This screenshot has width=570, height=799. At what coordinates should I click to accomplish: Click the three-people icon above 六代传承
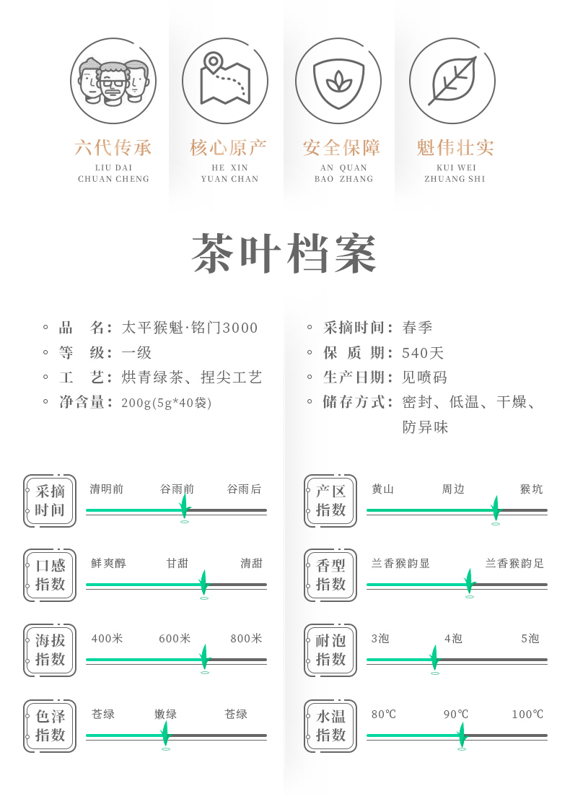(113, 82)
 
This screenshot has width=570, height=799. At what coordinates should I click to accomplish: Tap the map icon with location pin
(225, 81)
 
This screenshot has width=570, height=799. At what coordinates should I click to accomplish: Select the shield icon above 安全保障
(338, 82)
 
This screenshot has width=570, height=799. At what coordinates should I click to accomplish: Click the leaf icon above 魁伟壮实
(452, 82)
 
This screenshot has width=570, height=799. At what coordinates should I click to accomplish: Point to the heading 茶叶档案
(284, 254)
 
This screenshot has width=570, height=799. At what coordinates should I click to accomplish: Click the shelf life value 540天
(423, 353)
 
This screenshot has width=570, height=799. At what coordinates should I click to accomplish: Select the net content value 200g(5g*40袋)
(166, 403)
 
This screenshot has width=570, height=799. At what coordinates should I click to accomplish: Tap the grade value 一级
(136, 353)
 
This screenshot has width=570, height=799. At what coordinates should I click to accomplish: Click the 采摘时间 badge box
(50, 501)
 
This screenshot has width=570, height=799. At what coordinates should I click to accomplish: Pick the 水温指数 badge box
(330, 725)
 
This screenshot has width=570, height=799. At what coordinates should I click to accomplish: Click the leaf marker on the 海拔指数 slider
(205, 658)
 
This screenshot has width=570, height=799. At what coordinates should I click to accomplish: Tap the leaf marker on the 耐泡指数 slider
(434, 658)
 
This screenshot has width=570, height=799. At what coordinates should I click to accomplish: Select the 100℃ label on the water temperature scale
(527, 715)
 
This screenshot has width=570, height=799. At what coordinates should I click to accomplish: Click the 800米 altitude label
(246, 639)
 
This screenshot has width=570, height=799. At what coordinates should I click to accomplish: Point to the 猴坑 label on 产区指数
(531, 489)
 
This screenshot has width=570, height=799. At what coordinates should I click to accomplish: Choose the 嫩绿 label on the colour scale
(165, 715)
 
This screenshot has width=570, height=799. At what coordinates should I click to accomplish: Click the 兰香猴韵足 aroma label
(514, 564)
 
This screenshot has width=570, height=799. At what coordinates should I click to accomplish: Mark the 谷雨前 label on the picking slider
(177, 489)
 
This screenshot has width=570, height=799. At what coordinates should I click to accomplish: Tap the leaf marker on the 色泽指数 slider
(165, 734)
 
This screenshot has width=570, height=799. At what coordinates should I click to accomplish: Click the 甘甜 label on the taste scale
(177, 564)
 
